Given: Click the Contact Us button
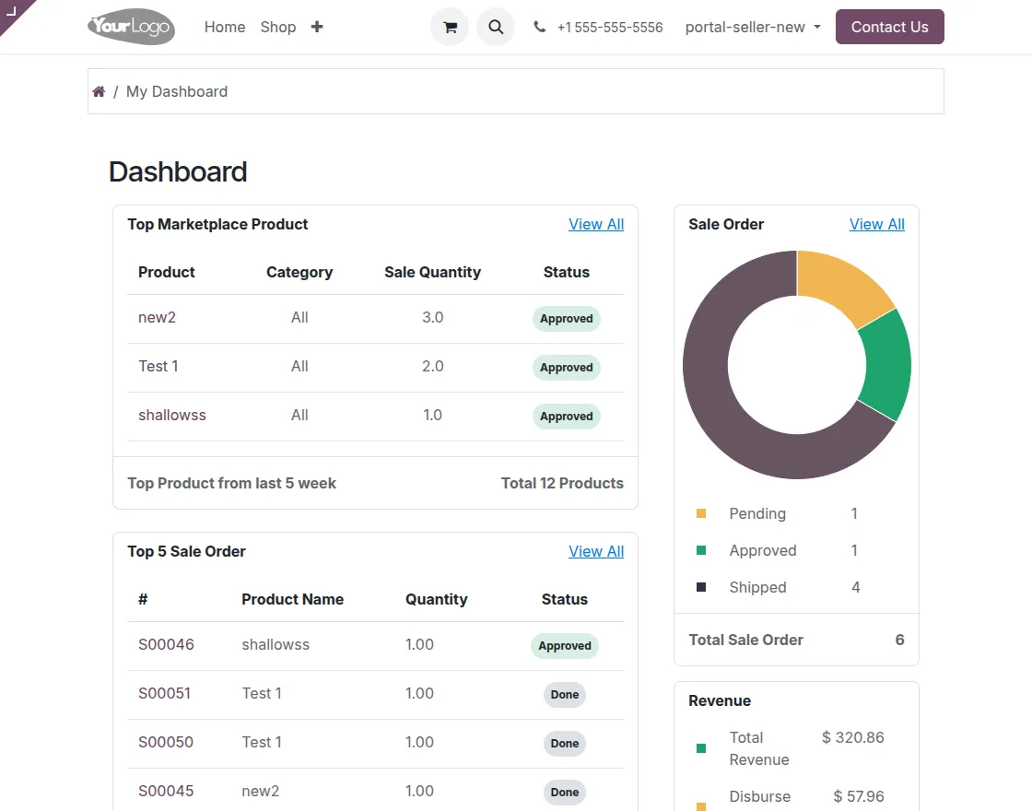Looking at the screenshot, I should pos(889,27).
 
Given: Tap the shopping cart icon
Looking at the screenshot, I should pos(450,27).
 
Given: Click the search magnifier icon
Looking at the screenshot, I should pos(496,27).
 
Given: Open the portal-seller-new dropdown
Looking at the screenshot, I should pos(752,28).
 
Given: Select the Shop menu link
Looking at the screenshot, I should pos(278,28).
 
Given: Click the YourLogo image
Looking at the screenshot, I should pos(131,27).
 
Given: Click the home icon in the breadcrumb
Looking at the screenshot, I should pos(99,91).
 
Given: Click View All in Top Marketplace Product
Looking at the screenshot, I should pos(596,224).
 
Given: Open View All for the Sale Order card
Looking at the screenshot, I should pos(876,224).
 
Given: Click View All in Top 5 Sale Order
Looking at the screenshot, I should pos(596,551).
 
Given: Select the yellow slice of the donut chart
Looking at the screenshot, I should pos(839,285).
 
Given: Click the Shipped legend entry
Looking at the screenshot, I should pos(757,587).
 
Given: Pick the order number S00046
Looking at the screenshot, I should pos(166,644).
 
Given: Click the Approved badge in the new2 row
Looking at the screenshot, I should pos(566,319).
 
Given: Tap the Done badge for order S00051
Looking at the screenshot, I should pos(564,695).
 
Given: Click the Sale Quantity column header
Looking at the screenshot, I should pos(432,272).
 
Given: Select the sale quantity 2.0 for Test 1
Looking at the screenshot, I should pos(432,366).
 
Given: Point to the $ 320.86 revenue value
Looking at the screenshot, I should pos(852,737).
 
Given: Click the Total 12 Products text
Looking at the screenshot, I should pos(562,483).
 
